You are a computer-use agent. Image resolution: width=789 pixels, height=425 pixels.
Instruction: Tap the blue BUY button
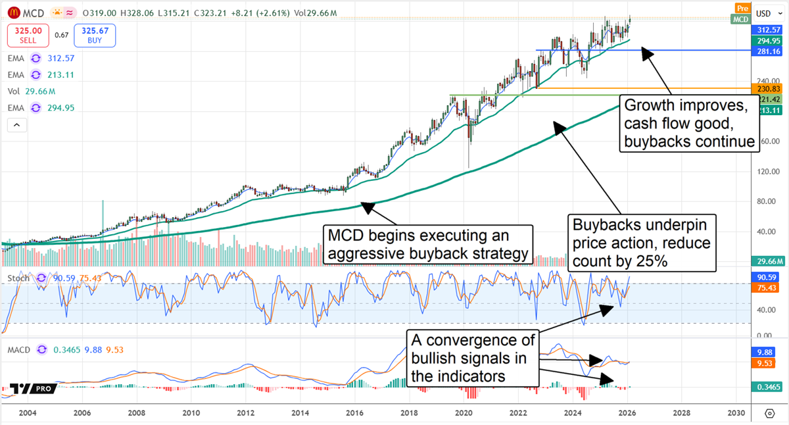tap(95, 36)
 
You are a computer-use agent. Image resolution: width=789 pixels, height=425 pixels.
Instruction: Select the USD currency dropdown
tap(763, 13)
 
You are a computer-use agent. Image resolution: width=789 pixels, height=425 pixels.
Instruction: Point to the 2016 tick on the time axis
tap(354, 413)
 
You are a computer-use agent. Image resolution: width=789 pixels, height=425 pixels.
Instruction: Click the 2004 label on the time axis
tap(28, 413)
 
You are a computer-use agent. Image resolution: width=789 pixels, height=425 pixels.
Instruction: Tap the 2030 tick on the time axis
tap(736, 413)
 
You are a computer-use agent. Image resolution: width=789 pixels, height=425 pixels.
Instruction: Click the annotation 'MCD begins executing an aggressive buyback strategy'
tap(427, 244)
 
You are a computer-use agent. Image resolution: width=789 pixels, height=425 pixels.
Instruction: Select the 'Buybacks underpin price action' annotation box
tap(642, 243)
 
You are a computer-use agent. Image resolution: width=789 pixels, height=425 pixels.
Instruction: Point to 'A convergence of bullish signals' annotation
tap(472, 359)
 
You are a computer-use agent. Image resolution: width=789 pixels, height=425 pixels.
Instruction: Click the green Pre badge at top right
tap(742, 8)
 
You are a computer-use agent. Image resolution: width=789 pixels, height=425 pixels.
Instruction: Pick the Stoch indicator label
tap(18, 278)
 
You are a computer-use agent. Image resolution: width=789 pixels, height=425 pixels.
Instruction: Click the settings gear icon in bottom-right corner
tap(769, 413)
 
